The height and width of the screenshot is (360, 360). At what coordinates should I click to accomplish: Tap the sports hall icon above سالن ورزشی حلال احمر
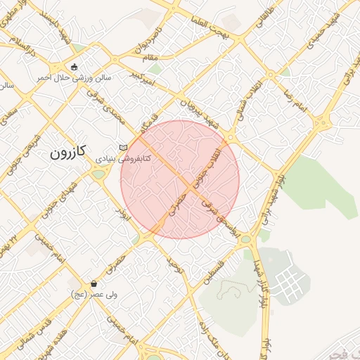click(75, 67)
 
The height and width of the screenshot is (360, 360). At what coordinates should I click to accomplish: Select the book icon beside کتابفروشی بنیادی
click(124, 147)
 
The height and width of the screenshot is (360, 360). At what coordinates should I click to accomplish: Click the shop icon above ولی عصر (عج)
click(94, 283)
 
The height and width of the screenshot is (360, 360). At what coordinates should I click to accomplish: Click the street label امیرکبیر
click(146, 77)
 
